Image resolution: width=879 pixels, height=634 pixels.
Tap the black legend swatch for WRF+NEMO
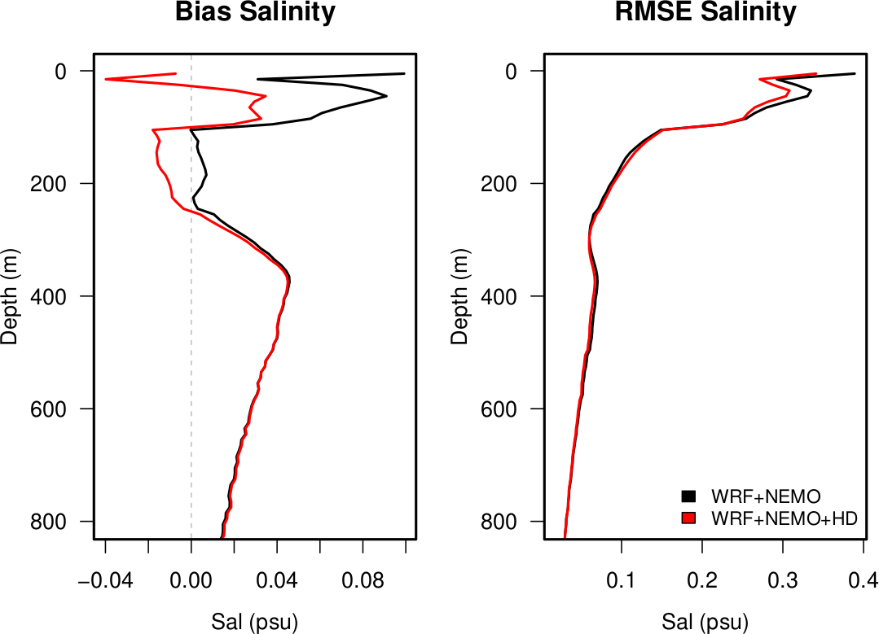[688, 496]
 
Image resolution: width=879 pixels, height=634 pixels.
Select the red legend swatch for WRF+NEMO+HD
[688, 518]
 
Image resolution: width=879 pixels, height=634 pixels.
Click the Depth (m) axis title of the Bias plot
[11, 295]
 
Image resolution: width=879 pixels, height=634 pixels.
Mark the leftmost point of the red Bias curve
[105, 79]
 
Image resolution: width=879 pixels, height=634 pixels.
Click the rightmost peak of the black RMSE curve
[855, 73]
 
